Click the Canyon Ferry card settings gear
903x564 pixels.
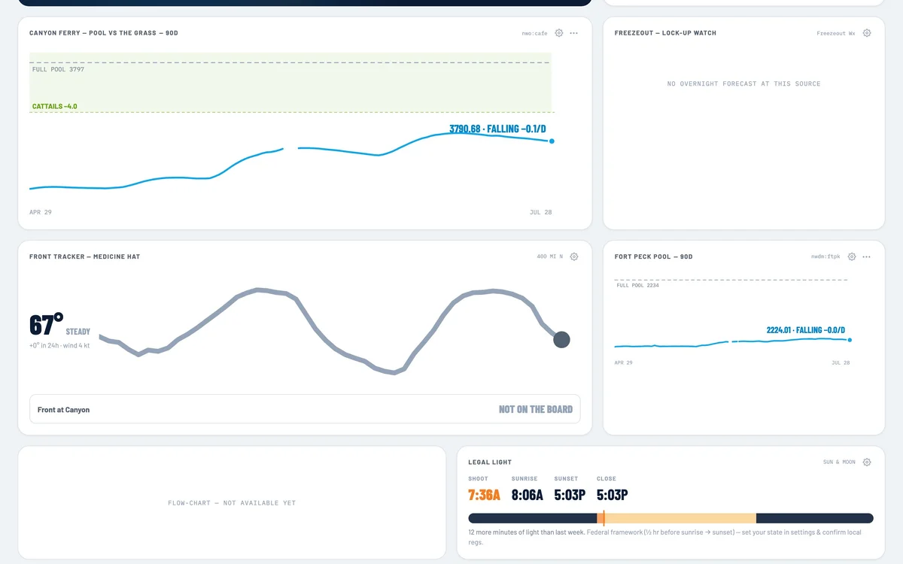click(x=558, y=33)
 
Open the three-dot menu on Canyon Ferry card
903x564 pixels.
click(x=573, y=33)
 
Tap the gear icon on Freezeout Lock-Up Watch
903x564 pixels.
click(x=867, y=33)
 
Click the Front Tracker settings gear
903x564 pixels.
click(x=574, y=256)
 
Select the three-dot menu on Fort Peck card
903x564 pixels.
click(x=866, y=256)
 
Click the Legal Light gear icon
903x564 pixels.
click(x=867, y=462)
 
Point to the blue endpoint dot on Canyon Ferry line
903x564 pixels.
click(x=552, y=141)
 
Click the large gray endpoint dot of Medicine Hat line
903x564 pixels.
click(x=561, y=340)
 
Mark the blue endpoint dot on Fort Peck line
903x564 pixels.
click(x=850, y=340)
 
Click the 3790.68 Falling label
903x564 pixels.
click(x=497, y=129)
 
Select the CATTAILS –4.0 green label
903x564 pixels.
click(x=54, y=106)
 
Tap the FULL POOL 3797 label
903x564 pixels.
click(x=58, y=69)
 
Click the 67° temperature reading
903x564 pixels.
click(x=46, y=324)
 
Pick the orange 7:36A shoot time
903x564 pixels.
click(x=484, y=495)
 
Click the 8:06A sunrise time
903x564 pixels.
click(x=527, y=495)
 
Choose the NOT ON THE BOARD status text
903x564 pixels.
click(x=535, y=409)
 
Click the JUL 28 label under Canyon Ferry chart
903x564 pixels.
click(x=540, y=212)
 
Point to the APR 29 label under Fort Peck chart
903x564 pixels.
click(x=623, y=362)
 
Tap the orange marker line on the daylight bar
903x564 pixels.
click(x=604, y=518)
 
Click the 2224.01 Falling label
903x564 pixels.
click(x=805, y=330)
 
